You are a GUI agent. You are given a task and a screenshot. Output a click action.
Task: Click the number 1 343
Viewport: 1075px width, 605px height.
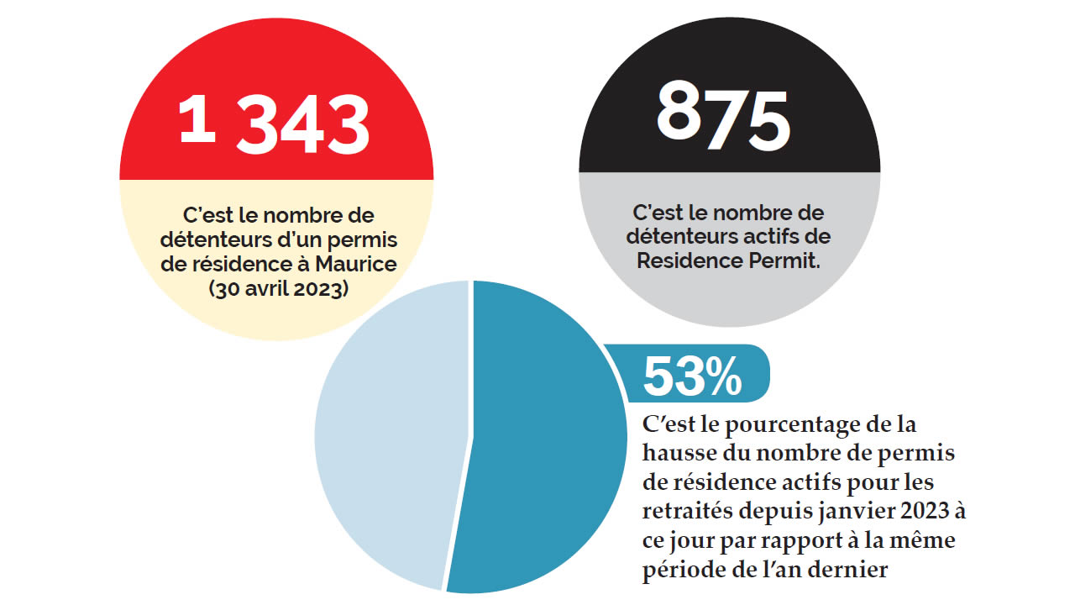pos(275,123)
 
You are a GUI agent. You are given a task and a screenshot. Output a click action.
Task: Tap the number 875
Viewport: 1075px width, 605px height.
pos(724,116)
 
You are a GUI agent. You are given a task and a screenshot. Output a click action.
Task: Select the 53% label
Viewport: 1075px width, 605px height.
pos(693,376)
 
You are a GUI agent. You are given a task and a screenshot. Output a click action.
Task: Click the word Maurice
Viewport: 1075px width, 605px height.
pos(356,266)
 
